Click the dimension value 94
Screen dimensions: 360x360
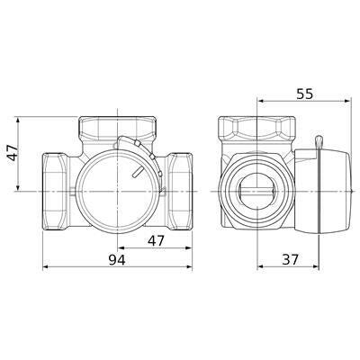pos(117,260)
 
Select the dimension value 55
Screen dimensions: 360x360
pos(304,94)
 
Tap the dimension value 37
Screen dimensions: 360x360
pos(291,259)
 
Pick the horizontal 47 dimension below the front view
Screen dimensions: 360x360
pos(157,240)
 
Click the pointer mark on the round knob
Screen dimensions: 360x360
pos(135,172)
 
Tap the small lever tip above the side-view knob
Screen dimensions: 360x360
pos(319,142)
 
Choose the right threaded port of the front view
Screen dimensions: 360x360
pos(180,191)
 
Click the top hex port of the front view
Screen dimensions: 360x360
pos(117,127)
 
